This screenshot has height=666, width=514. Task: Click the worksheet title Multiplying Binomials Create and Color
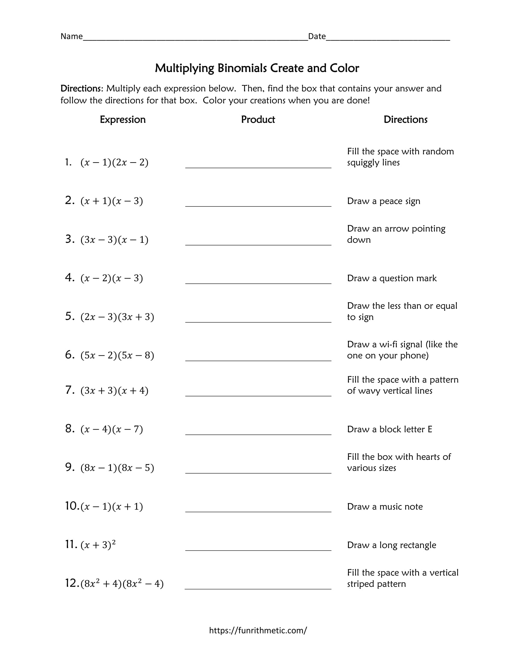257,68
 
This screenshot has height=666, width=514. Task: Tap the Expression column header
123,120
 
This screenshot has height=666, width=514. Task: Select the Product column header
258,120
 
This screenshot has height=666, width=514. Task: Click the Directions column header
405,120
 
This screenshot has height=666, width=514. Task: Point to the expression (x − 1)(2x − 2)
114,163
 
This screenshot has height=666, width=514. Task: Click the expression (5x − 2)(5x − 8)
117,356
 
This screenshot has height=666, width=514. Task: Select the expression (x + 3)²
98,545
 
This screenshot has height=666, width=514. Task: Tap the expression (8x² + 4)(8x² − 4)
122,583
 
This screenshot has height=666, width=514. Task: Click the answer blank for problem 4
258,279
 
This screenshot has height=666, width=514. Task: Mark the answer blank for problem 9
258,469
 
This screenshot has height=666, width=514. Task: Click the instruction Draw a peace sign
383,201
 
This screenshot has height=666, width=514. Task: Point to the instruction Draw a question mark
392,279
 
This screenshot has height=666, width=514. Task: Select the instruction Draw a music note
385,507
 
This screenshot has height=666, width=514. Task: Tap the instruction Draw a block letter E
389,429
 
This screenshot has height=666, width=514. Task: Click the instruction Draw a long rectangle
391,545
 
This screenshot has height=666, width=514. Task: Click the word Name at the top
72,37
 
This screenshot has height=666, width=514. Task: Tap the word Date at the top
317,37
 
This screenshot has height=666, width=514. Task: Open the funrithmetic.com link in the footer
258,630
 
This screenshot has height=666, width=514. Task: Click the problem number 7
69,390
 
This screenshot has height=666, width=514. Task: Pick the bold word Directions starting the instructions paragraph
81,89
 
